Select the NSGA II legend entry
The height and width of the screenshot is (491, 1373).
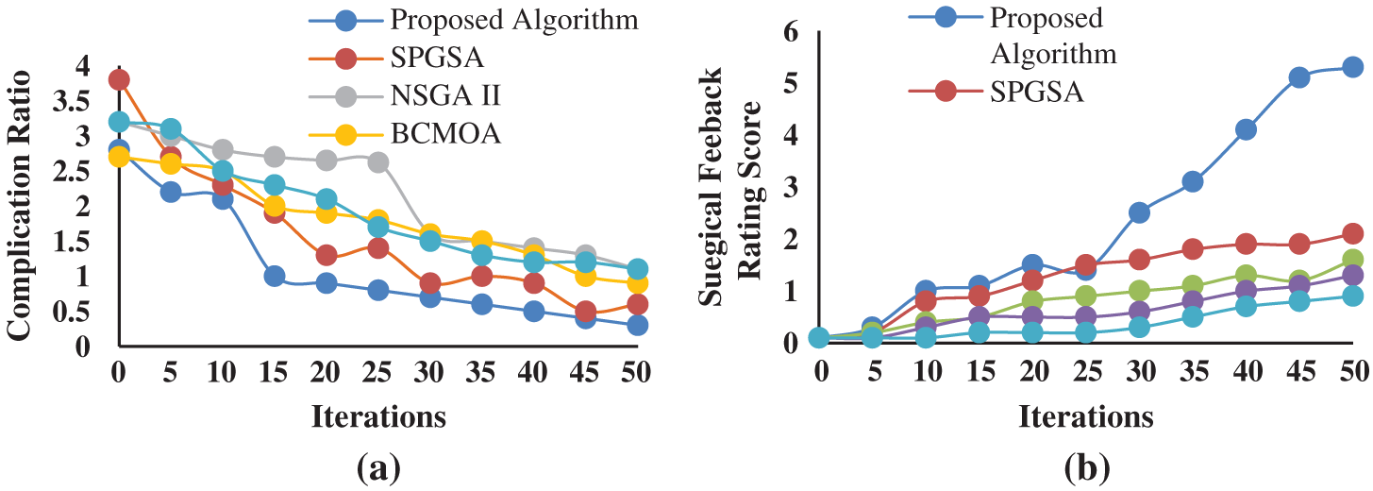(434, 96)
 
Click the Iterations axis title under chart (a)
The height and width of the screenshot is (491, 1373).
(378, 415)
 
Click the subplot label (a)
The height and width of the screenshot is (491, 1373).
(378, 466)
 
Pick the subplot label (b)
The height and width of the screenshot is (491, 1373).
(1087, 466)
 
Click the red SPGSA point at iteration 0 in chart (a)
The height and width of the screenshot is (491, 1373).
(119, 79)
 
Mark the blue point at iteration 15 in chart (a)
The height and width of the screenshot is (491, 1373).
(275, 276)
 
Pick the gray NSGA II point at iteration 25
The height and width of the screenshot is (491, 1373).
(378, 162)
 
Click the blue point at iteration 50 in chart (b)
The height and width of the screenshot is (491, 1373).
(1352, 67)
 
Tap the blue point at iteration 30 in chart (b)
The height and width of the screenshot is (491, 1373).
(1139, 212)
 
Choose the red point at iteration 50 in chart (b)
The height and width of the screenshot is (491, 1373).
(1352, 233)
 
